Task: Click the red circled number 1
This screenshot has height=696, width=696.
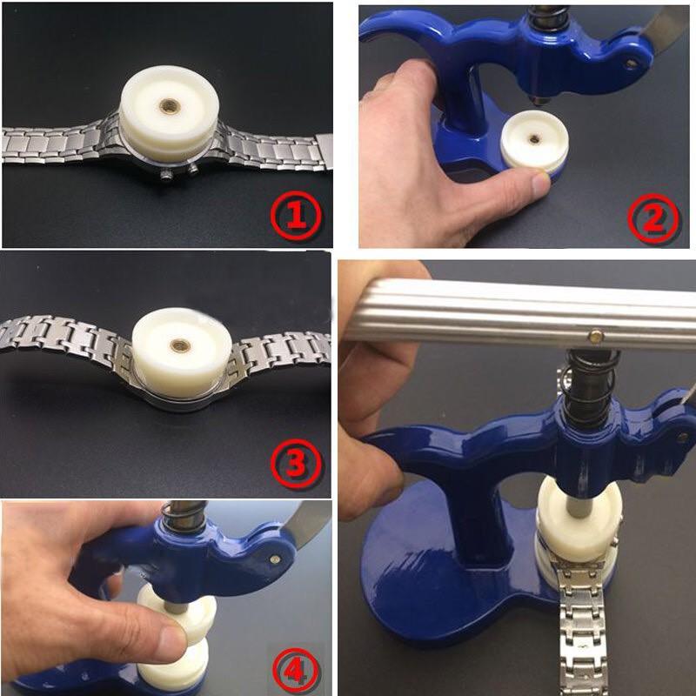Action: [296, 215]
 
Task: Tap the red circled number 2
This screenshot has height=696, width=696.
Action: [653, 219]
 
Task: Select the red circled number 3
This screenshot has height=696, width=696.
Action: [296, 463]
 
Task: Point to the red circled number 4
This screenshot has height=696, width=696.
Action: [296, 672]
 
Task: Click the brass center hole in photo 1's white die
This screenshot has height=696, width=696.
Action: [170, 105]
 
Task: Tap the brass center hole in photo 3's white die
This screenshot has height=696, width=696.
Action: [181, 345]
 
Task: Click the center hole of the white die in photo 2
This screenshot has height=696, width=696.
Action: [534, 139]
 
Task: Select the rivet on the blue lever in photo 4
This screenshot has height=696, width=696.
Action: [276, 559]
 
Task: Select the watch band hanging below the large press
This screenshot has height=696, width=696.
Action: [581, 630]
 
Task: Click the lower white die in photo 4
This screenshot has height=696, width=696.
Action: [174, 665]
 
